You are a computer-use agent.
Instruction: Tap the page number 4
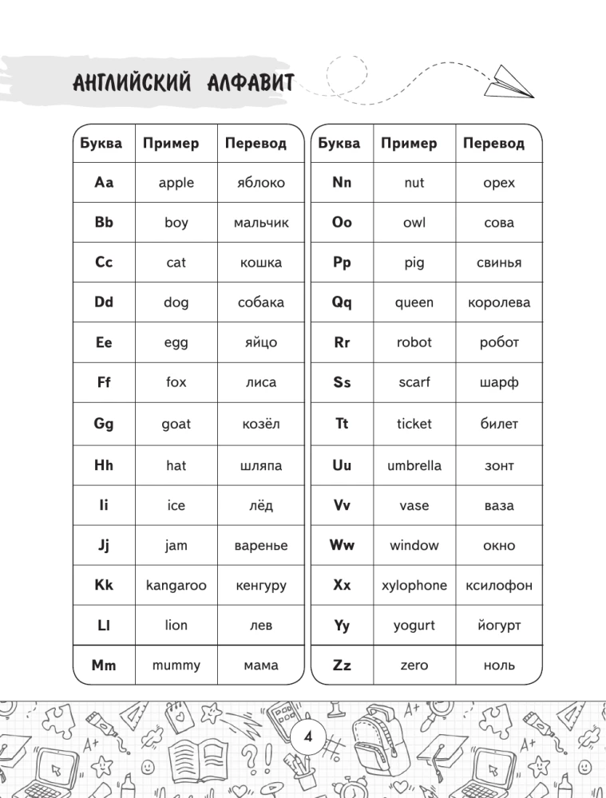pyautogui.click(x=307, y=735)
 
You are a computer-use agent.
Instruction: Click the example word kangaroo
pyautogui.click(x=176, y=585)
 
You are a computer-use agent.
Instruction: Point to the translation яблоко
pyautogui.click(x=260, y=183)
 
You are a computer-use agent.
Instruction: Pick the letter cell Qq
pyautogui.click(x=342, y=302)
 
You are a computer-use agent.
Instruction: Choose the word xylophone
pyautogui.click(x=414, y=585)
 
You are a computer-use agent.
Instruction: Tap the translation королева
pyautogui.click(x=499, y=302)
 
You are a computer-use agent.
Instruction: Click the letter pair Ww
pyautogui.click(x=342, y=545)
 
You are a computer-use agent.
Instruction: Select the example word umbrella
pyautogui.click(x=414, y=465)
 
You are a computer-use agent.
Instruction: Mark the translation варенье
pyautogui.click(x=260, y=546)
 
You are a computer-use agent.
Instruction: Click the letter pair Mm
pyautogui.click(x=104, y=665)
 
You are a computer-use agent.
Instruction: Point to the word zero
pyautogui.click(x=414, y=665)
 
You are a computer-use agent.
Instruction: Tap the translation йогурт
pyautogui.click(x=499, y=626)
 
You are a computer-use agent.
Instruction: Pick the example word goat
pyautogui.click(x=176, y=424)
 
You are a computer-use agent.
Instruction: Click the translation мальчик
pyautogui.click(x=260, y=223)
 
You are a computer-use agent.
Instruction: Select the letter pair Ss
pyautogui.click(x=342, y=382)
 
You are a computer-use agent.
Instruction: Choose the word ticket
pyautogui.click(x=414, y=424)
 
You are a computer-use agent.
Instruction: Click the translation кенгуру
pyautogui.click(x=260, y=586)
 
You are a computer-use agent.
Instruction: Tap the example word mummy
pyautogui.click(x=176, y=665)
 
